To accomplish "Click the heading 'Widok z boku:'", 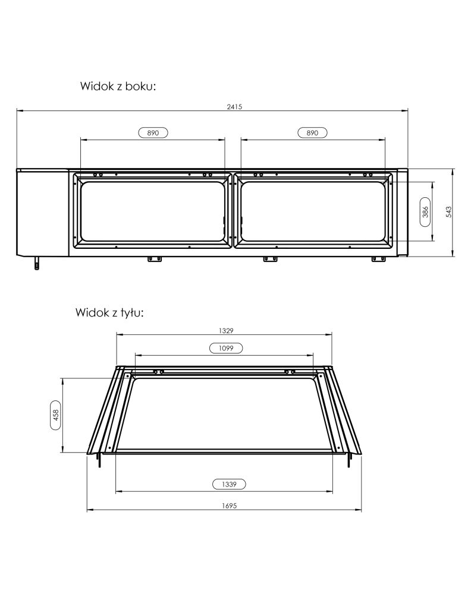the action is tap(118, 86).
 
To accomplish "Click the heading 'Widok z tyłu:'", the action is tap(109, 313).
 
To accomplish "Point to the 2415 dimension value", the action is tap(234, 107).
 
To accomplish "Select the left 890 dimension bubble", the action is tap(153, 133).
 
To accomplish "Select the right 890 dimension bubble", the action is tap(312, 133).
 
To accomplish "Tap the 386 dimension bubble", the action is tap(425, 212).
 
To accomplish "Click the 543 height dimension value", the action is tap(448, 212).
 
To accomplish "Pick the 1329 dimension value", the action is tap(226, 331).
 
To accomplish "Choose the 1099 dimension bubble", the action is tap(226, 348).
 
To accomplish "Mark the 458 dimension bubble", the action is tap(56, 415).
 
